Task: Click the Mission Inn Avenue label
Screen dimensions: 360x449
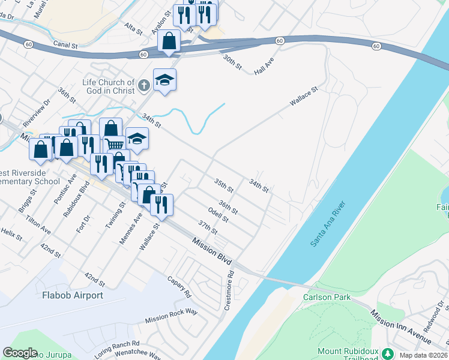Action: click(x=400, y=326)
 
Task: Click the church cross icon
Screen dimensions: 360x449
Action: click(x=143, y=86)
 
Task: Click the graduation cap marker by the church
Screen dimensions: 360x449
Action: click(x=165, y=79)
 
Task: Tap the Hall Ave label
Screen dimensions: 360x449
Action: click(x=264, y=66)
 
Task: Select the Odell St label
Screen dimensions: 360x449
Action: click(x=218, y=214)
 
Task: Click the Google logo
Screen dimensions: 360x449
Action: click(x=20, y=353)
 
